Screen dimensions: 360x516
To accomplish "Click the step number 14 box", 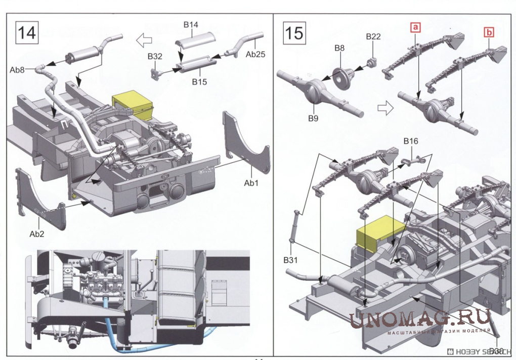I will (27, 33).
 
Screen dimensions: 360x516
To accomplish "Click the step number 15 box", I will (294, 33).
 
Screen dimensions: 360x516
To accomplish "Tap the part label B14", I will (191, 24).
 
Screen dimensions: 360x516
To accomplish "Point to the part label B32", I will (155, 57).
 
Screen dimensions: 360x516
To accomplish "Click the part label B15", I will (198, 81).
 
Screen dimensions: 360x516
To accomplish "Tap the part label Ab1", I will (251, 183).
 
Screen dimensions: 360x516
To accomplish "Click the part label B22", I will (373, 36).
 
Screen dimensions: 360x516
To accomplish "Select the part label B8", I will (339, 48).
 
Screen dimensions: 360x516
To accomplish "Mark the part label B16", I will (410, 141).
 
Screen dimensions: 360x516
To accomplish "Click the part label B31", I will (289, 260).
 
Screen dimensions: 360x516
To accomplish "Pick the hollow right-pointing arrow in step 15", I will (386, 107).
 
